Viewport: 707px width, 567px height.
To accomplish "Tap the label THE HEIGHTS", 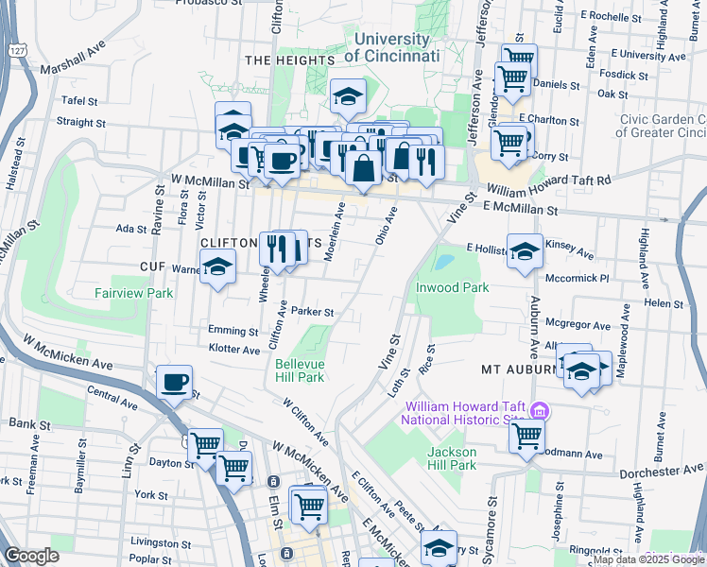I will point(289,60).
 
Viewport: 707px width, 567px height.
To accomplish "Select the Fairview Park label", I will point(133,293).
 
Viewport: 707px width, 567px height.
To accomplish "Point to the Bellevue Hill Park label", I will point(300,370).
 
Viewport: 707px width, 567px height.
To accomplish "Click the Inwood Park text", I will point(451,286).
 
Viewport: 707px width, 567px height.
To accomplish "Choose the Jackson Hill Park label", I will point(449,458).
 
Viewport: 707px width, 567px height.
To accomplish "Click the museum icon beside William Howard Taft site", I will point(540,410).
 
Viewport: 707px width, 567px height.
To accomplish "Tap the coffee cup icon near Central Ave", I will point(174,382).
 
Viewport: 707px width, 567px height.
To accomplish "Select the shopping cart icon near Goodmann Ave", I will point(526,435).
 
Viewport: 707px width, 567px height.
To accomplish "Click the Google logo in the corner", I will point(31,556).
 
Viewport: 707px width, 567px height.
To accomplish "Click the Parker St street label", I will point(313,312).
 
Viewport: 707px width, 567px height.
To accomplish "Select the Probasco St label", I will point(208,3).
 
